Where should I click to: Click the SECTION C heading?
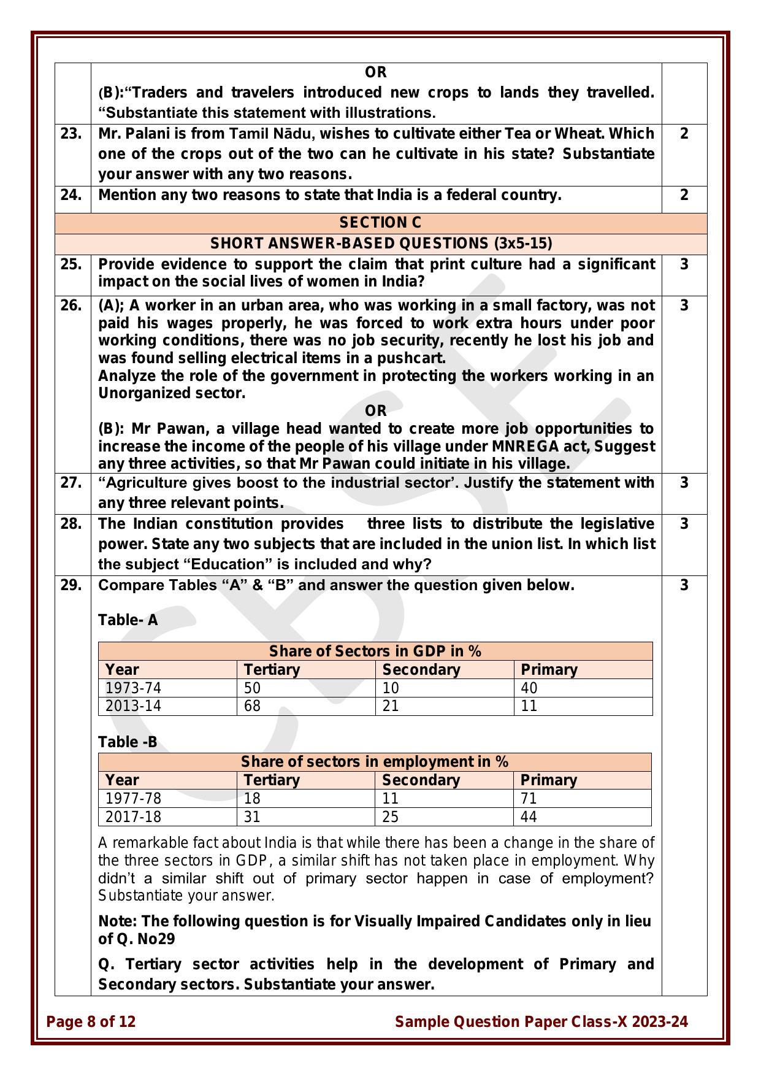(380, 223)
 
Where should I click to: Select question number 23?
(71, 134)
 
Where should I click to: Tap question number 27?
(71, 483)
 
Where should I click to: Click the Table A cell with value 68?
(252, 706)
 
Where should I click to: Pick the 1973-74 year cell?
(133, 688)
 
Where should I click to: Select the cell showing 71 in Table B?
(529, 798)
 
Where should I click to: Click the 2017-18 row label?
(133, 817)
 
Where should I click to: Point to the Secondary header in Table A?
(421, 669)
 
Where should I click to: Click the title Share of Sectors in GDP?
(375, 651)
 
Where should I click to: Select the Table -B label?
(128, 742)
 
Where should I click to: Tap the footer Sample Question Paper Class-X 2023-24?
(541, 1021)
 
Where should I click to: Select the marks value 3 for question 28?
(684, 524)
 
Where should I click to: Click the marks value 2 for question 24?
(684, 195)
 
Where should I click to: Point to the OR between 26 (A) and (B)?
(375, 410)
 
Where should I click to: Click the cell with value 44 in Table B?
(529, 817)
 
